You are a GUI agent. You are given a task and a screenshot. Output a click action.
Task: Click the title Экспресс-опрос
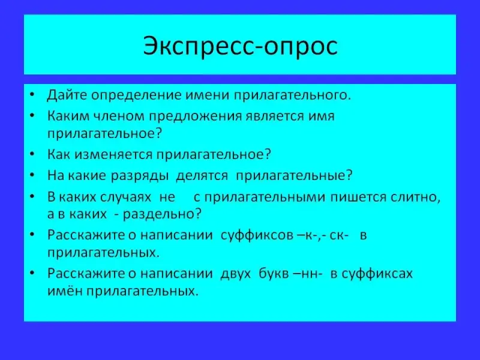(241, 46)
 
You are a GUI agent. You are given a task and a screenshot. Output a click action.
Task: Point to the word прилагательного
(292, 96)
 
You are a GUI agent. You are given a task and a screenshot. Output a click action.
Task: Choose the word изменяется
(113, 155)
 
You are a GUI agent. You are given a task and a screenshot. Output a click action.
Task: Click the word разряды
(140, 176)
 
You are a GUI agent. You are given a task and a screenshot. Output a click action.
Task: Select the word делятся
(202, 176)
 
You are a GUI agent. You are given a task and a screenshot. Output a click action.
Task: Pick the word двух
(235, 274)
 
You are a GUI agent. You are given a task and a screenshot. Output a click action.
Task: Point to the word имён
(65, 290)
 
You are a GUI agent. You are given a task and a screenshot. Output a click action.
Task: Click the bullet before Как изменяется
(32, 154)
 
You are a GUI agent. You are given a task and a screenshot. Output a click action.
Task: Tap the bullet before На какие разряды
(32, 175)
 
